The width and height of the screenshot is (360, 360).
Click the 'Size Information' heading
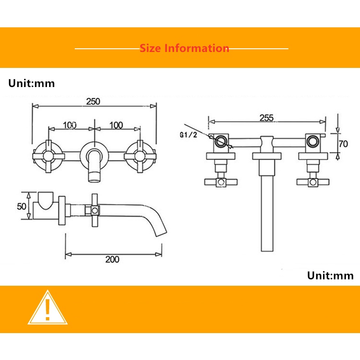click(185, 48)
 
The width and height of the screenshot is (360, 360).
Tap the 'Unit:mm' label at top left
click(31, 83)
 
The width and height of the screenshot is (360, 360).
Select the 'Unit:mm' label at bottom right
click(330, 276)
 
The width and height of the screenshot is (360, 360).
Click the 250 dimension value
click(93, 102)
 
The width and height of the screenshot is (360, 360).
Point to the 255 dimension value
click(267, 118)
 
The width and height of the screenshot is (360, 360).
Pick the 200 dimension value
click(112, 259)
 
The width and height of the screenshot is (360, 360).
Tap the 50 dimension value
click(21, 206)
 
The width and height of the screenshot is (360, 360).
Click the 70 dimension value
click(344, 144)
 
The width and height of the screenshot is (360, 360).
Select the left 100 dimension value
click(70, 125)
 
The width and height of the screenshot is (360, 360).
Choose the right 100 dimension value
click(116, 125)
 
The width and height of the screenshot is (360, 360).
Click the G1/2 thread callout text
click(188, 135)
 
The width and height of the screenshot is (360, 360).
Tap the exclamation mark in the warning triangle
click(47, 310)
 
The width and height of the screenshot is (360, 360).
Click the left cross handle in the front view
click(48, 156)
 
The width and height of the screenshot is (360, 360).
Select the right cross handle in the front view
click(140, 156)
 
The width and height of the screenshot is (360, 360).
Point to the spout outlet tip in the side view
click(161, 232)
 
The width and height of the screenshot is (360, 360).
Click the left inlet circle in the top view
click(221, 141)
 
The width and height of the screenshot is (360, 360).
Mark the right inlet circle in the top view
click(313, 141)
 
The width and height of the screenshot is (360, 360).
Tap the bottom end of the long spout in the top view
click(267, 251)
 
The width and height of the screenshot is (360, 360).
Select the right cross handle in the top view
click(313, 182)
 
